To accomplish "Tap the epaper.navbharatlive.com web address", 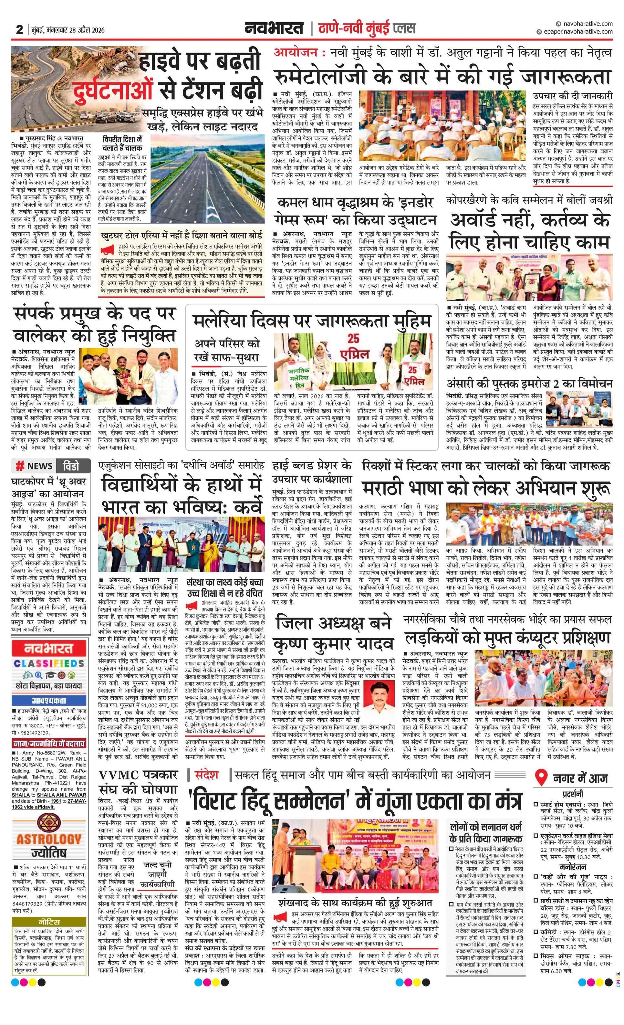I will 578,32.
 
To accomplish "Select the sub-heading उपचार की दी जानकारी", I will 573,96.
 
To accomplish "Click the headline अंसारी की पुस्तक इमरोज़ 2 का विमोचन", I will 529,384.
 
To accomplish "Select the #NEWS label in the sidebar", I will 34,466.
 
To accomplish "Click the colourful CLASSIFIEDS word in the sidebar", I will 49,663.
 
